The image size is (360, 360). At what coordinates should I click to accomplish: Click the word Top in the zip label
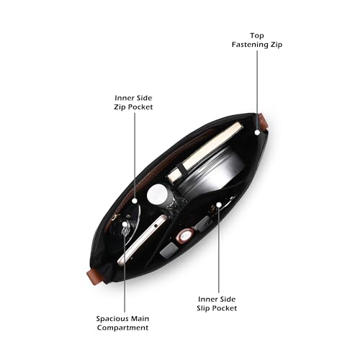(x=257, y=36)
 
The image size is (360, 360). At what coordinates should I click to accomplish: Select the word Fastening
(x=250, y=45)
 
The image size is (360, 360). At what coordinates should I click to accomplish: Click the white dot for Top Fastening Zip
(x=257, y=132)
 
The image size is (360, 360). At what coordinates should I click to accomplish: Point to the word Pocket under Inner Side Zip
(x=140, y=107)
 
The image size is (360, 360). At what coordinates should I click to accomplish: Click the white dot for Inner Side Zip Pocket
(x=135, y=201)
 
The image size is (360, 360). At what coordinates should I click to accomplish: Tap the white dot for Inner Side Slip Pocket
(x=219, y=204)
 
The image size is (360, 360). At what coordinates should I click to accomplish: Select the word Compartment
(x=122, y=328)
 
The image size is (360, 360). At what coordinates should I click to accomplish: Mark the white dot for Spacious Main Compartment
(x=125, y=224)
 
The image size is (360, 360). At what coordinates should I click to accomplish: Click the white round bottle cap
(x=157, y=194)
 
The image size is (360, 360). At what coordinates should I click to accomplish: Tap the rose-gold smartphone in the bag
(x=142, y=240)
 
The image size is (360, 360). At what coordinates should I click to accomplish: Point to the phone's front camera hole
(x=156, y=226)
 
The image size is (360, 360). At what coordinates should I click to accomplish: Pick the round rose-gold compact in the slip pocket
(x=185, y=237)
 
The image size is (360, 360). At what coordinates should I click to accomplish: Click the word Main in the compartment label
(x=140, y=319)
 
